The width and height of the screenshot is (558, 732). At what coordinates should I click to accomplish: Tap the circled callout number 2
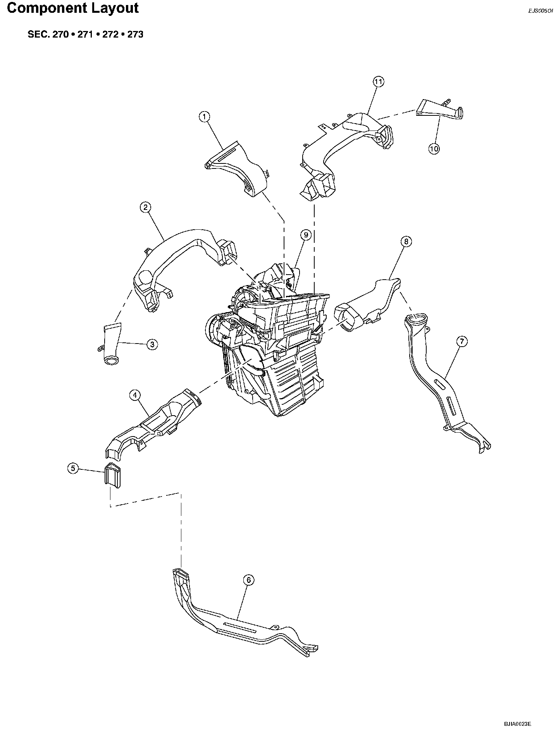[x=145, y=207]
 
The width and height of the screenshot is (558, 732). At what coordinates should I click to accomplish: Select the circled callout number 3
[x=152, y=344]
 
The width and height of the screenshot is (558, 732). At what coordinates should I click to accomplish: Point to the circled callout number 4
[x=134, y=395]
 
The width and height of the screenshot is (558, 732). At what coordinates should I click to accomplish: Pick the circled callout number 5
[x=73, y=468]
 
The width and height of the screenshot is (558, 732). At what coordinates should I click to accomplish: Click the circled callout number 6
[x=249, y=580]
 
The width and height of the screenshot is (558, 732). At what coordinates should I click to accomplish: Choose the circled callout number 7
[x=462, y=341]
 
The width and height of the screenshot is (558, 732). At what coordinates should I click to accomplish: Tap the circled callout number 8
[x=406, y=242]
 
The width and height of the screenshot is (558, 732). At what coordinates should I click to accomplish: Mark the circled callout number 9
[x=306, y=235]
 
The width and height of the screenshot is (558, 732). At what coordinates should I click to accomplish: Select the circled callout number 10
[x=434, y=149]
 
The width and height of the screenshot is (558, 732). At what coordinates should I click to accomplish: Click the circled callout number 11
[x=378, y=82]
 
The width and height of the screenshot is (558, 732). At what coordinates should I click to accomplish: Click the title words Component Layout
[x=73, y=9]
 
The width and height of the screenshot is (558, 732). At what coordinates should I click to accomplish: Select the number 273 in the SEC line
[x=135, y=34]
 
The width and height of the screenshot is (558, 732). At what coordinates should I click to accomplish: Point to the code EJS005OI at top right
[x=541, y=11]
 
